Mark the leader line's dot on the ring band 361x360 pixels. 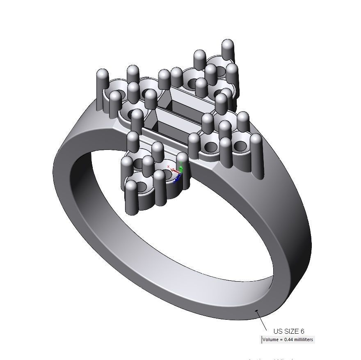(x=257, y=311)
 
